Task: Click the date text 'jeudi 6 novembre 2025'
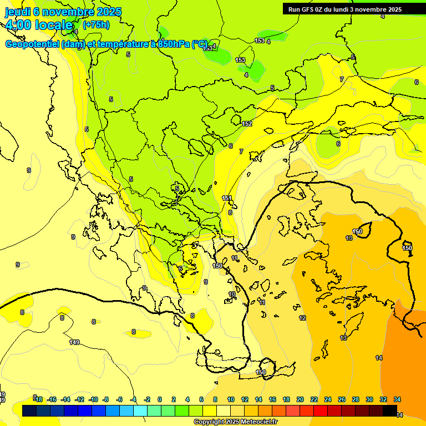(63, 12)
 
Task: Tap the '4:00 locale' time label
(39, 25)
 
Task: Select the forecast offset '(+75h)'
(96, 25)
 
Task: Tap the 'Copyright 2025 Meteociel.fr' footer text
(235, 422)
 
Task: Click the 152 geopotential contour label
(247, 124)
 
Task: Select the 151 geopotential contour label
(227, 198)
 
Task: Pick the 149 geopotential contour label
(74, 342)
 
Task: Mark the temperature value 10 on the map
(232, 294)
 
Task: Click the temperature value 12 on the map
(302, 318)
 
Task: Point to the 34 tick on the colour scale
(397, 399)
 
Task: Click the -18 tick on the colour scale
(38, 399)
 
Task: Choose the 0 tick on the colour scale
(160, 399)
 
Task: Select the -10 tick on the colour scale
(93, 399)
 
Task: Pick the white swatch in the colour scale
(224, 410)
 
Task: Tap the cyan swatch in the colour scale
(140, 410)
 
